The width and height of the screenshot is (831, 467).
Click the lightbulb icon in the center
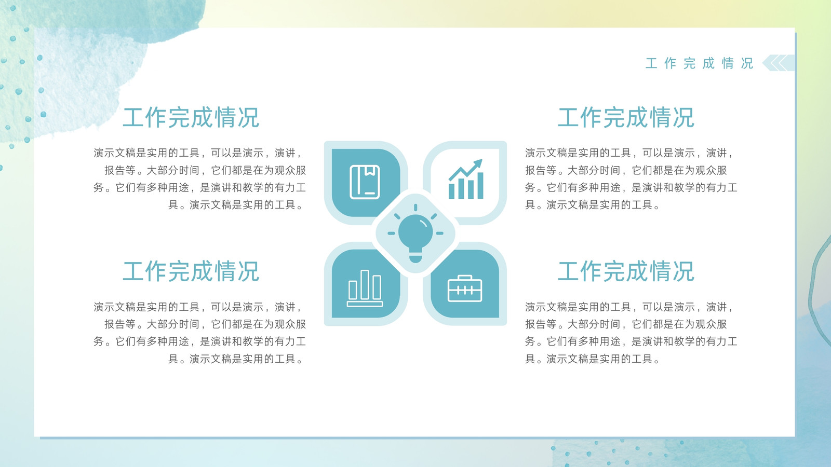[415, 233]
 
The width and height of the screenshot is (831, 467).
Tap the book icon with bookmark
[365, 182]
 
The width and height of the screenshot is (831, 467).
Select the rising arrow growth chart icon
[465, 179]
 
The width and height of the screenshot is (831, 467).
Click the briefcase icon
[465, 289]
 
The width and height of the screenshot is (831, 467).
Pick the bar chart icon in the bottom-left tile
[365, 289]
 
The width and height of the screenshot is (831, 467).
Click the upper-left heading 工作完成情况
[191, 117]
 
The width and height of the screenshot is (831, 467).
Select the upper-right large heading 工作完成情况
[626, 117]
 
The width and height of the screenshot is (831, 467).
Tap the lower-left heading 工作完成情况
[191, 271]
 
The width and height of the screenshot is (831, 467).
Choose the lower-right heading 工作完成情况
[626, 271]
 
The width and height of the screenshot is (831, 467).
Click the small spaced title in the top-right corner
[699, 63]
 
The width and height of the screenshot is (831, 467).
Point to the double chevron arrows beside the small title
[779, 63]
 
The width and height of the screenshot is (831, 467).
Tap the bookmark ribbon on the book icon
[369, 170]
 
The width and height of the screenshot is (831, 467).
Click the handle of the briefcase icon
[465, 277]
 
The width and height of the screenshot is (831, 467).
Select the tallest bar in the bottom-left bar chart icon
[365, 284]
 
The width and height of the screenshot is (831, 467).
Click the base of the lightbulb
[415, 258]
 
